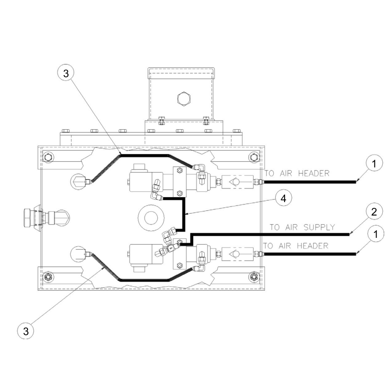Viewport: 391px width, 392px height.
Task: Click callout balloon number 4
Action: click(x=284, y=198)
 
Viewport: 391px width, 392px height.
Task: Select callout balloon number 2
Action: click(x=374, y=212)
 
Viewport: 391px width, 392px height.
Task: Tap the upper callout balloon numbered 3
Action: click(x=66, y=73)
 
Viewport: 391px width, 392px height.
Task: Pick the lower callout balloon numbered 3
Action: click(x=26, y=331)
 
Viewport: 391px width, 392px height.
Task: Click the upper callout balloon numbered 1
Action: click(x=374, y=163)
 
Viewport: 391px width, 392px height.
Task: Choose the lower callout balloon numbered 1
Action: click(x=376, y=234)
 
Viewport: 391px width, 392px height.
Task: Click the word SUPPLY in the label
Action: click(x=319, y=227)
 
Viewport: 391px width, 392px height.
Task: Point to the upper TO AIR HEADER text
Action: click(x=297, y=173)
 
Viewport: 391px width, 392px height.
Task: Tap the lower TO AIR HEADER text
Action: click(x=296, y=246)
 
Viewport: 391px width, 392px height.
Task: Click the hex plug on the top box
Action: click(x=184, y=98)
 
